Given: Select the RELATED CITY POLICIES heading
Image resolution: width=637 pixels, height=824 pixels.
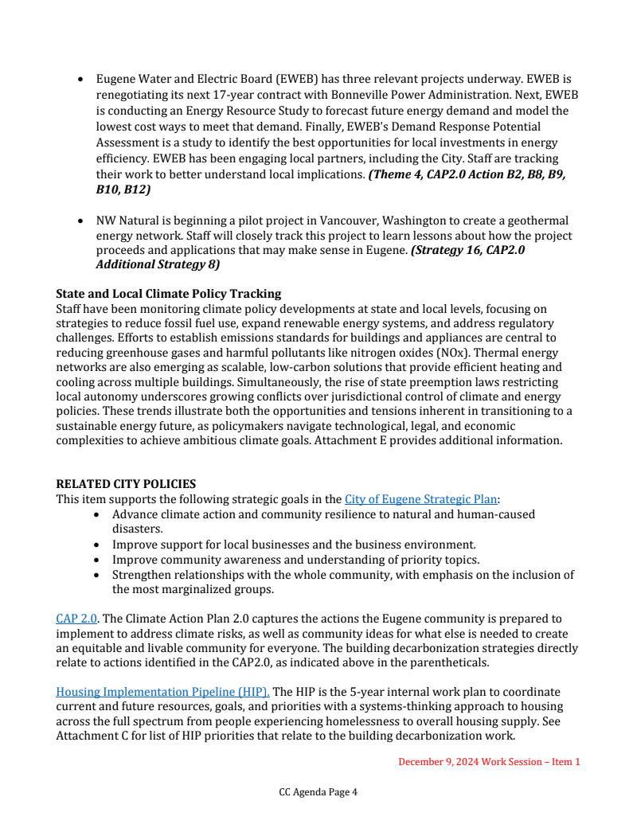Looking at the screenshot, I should point(126,484).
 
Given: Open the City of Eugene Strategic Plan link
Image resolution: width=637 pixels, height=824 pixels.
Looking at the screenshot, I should point(420,499).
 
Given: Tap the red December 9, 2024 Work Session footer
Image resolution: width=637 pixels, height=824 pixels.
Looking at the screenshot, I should point(489,762).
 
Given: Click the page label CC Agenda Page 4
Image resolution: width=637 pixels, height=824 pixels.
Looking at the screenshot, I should point(318,792).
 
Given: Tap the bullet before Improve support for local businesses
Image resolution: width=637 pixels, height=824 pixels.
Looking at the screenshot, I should point(97,545).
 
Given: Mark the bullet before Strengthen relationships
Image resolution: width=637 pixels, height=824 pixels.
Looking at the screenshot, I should point(97,575).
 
